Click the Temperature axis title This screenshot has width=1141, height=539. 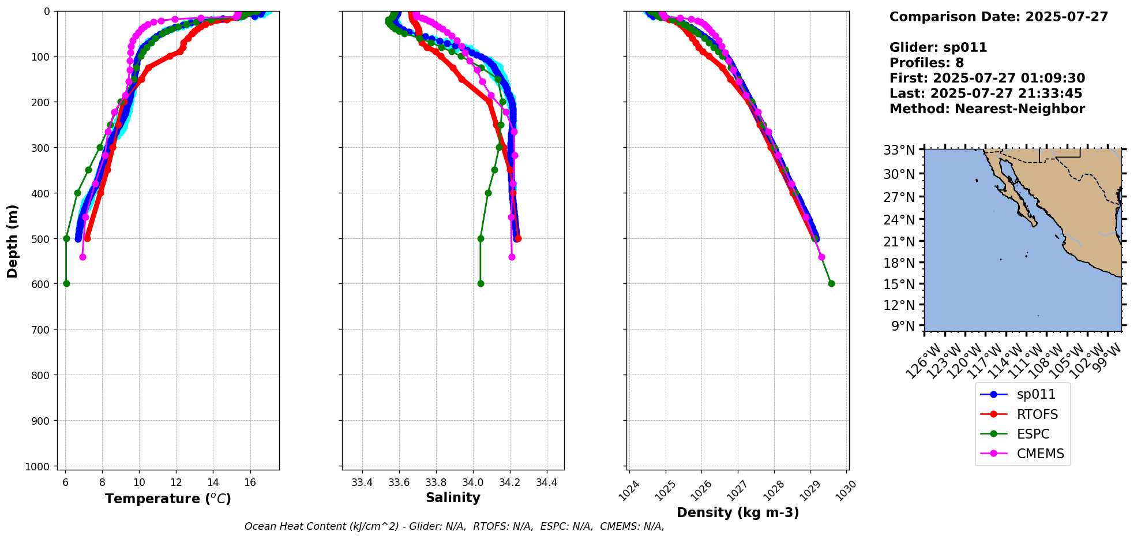tap(168, 499)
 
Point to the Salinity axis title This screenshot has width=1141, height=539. tap(453, 498)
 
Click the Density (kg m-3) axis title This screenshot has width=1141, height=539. tap(738, 512)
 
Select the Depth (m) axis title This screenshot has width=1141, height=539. tap(13, 241)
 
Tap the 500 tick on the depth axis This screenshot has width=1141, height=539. tap(42, 238)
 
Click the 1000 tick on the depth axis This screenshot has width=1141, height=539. tap(39, 466)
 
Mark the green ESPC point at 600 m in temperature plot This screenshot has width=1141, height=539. tap(66, 283)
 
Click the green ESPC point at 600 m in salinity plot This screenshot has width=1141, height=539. tap(481, 283)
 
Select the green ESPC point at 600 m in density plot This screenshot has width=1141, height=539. tap(831, 283)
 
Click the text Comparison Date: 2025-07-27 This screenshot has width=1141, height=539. tap(999, 17)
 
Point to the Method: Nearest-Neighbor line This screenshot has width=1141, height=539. tap(987, 109)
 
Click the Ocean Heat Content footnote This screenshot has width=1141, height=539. tap(454, 526)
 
